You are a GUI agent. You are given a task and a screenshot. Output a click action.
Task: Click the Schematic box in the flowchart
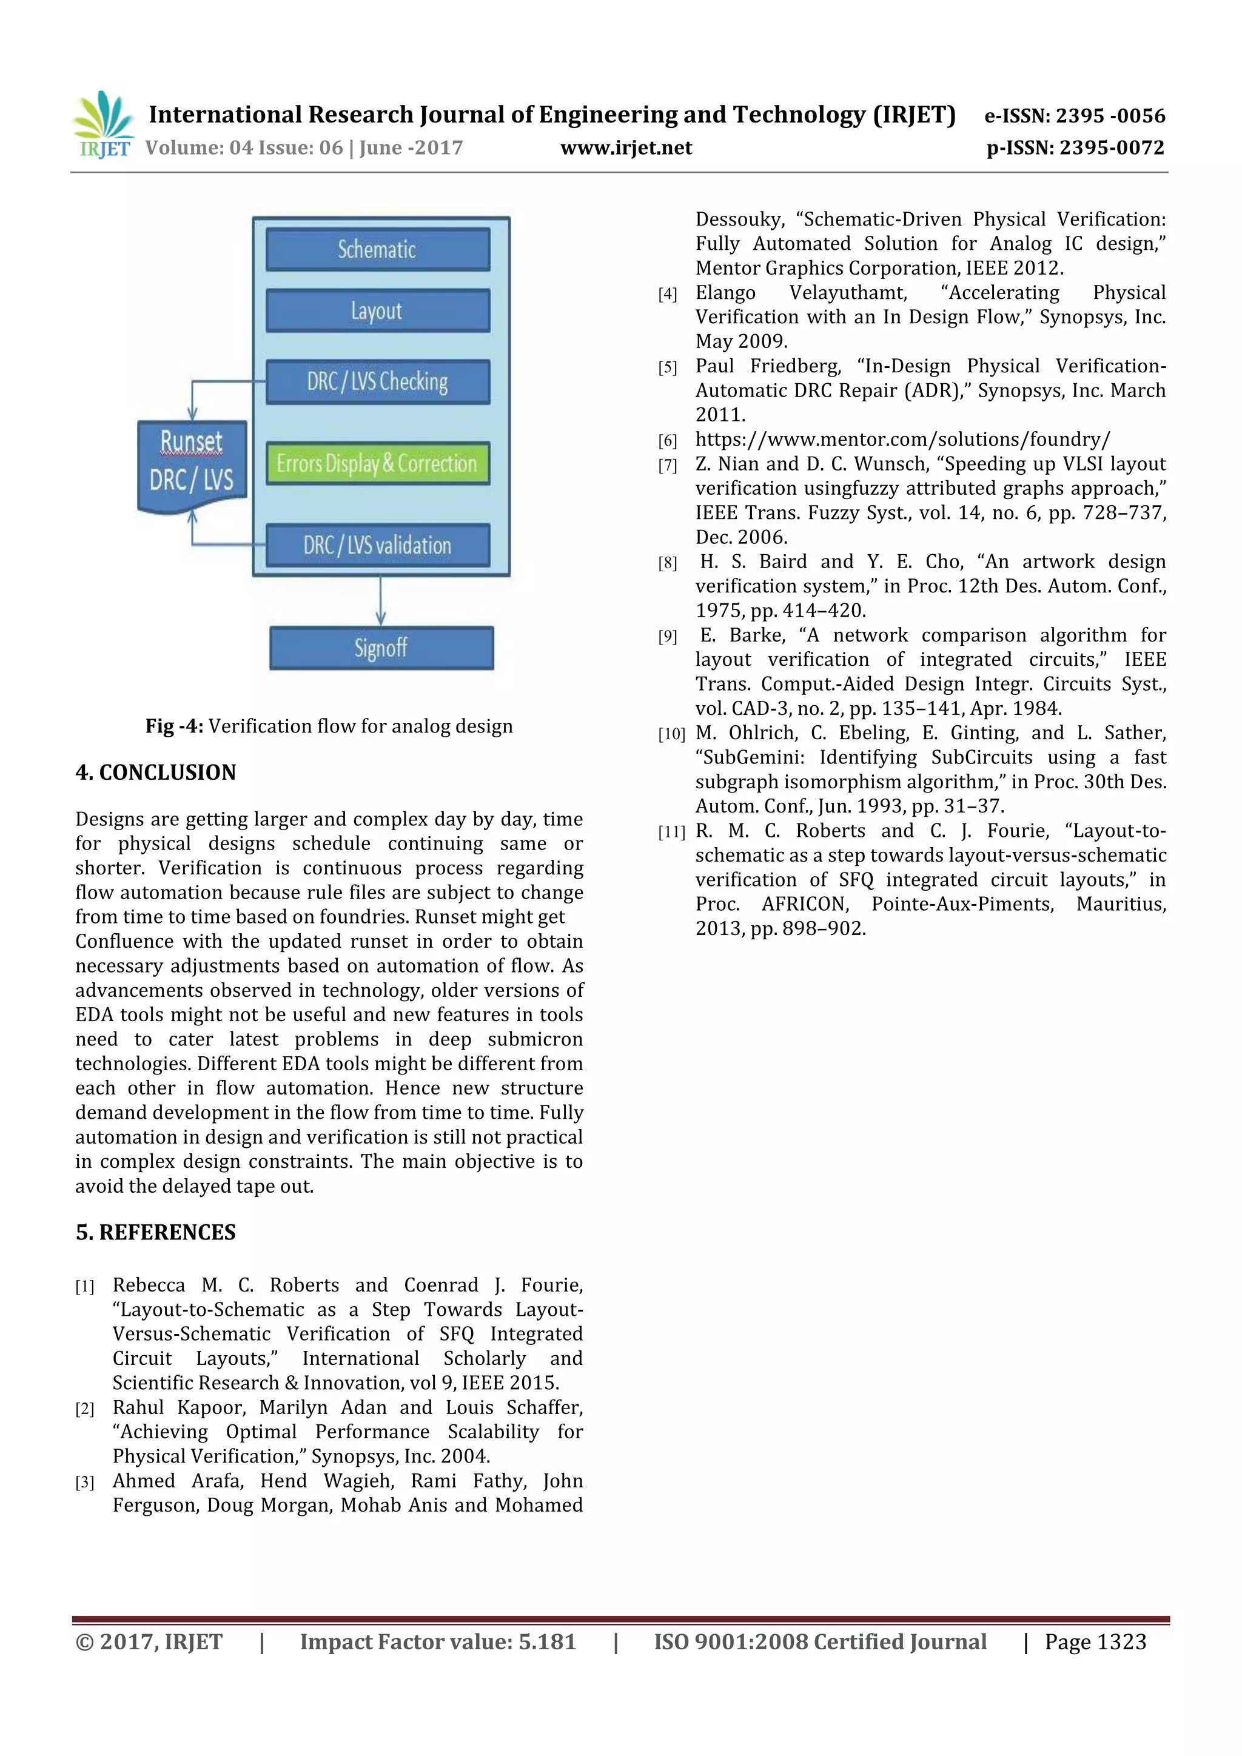(x=378, y=249)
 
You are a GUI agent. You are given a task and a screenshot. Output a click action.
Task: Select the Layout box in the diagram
(x=378, y=310)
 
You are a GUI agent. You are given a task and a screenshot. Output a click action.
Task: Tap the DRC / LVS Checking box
(x=378, y=381)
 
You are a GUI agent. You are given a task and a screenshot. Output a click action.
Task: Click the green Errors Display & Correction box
(x=378, y=463)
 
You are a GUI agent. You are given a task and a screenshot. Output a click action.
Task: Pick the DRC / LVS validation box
(x=378, y=545)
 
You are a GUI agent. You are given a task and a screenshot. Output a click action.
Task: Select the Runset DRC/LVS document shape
(x=192, y=463)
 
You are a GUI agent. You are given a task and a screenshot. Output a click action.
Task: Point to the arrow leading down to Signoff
(x=381, y=601)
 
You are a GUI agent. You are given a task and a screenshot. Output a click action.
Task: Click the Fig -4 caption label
(x=175, y=726)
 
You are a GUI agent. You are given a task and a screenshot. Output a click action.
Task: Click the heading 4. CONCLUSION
(x=155, y=772)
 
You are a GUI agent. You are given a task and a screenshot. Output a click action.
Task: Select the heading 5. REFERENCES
(x=155, y=1232)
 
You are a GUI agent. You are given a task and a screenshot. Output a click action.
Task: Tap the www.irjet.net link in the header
(x=626, y=147)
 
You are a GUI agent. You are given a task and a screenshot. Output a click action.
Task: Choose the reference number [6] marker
(x=668, y=441)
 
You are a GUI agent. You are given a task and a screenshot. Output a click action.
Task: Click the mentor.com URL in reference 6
(x=902, y=440)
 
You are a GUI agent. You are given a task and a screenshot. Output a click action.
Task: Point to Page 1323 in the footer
(x=1095, y=1642)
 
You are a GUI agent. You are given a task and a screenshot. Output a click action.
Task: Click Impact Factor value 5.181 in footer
(x=437, y=1642)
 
